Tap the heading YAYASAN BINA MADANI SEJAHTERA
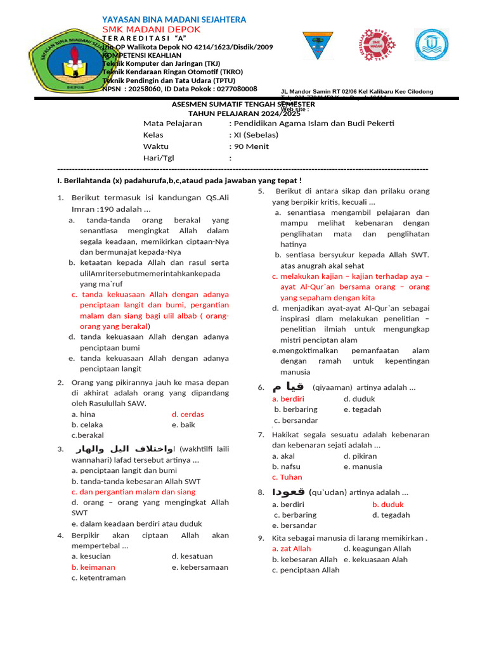pyautogui.click(x=174, y=20)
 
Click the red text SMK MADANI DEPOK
pyautogui.click(x=151, y=30)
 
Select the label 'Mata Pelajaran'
pyautogui.click(x=172, y=123)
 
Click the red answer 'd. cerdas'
pyautogui.click(x=188, y=414)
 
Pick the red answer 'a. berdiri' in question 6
pyautogui.click(x=288, y=399)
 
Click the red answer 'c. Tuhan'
pyautogui.click(x=287, y=477)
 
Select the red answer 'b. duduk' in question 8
pyautogui.click(x=388, y=504)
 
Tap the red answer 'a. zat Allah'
pyautogui.click(x=291, y=548)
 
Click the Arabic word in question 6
pyautogui.click(x=287, y=387)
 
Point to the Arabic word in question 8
pyautogui.click(x=289, y=492)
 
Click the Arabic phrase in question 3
pyautogui.click(x=124, y=449)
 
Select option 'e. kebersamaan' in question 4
pyautogui.click(x=200, y=567)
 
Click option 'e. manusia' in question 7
pyautogui.click(x=363, y=466)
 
